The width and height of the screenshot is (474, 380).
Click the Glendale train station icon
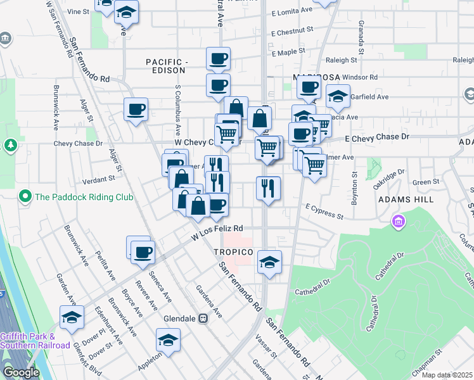click(x=203, y=319)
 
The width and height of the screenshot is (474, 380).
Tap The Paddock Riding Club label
click(x=84, y=197)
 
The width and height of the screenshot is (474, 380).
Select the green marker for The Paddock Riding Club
click(x=25, y=196)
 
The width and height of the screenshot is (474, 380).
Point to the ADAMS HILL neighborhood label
click(x=406, y=199)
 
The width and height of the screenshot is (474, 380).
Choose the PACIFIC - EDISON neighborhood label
click(x=168, y=66)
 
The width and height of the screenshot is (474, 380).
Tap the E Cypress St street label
click(x=324, y=211)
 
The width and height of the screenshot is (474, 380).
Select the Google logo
click(x=20, y=372)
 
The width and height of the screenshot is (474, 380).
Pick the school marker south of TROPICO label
click(x=269, y=262)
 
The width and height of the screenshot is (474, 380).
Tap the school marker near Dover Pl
click(x=72, y=317)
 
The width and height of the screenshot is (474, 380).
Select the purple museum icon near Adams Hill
click(x=398, y=222)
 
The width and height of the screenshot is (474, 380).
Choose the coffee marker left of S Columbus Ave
click(x=136, y=110)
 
